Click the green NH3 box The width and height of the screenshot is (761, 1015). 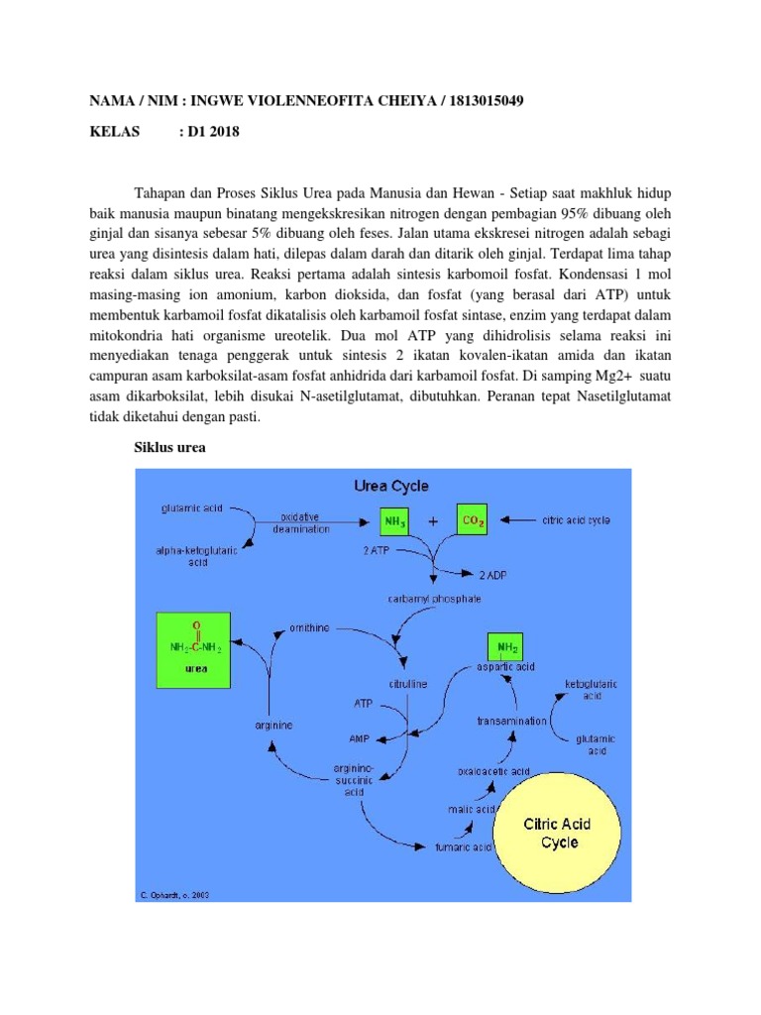(393, 520)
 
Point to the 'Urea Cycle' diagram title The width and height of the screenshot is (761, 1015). (391, 487)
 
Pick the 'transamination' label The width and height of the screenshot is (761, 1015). (510, 721)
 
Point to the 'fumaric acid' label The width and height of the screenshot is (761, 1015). (464, 847)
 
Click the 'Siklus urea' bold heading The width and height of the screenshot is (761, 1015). (169, 448)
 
